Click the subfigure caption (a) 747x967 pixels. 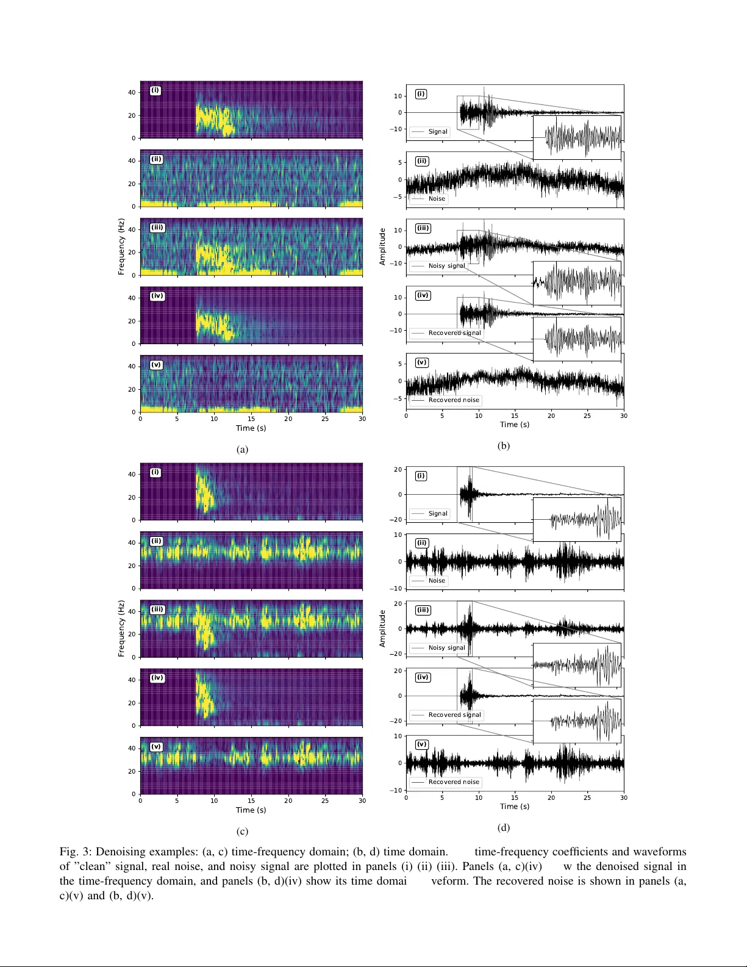click(x=242, y=450)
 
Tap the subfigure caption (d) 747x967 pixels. click(x=503, y=827)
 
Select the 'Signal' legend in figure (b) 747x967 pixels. click(x=430, y=131)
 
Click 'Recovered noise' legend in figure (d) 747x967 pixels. click(x=446, y=782)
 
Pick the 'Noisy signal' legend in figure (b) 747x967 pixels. click(x=438, y=265)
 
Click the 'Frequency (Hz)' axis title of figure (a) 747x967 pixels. click(x=121, y=246)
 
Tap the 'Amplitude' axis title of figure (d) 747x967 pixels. click(x=382, y=628)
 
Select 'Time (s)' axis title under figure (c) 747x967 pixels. click(x=251, y=810)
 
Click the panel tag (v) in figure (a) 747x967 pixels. click(x=156, y=365)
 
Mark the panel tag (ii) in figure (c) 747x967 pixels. click(x=156, y=541)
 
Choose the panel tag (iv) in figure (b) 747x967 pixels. click(x=423, y=295)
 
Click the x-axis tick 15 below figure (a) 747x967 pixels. click(x=251, y=419)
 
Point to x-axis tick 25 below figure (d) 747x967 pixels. click(x=587, y=797)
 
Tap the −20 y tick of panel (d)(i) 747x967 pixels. click(x=398, y=519)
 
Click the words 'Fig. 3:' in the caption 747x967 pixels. click(x=76, y=852)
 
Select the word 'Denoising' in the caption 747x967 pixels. click(x=123, y=852)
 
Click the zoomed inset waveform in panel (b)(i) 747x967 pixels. click(x=577, y=137)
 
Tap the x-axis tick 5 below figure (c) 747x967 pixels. click(x=177, y=800)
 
